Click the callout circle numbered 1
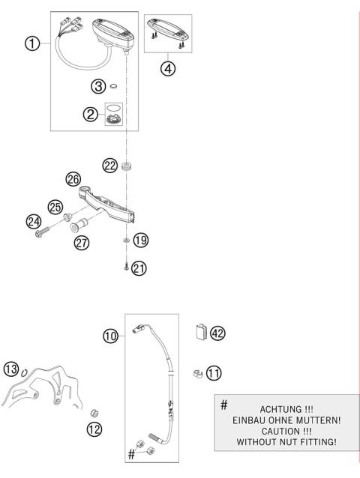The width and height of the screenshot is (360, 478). [x=31, y=43]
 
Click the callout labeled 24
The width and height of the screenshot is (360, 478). [x=34, y=221]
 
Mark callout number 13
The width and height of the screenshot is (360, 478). [x=10, y=369]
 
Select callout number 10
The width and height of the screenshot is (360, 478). [x=111, y=336]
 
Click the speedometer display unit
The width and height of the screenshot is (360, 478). [x=112, y=34]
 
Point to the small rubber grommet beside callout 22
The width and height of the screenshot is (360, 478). [x=127, y=165]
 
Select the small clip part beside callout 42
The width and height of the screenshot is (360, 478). [x=199, y=331]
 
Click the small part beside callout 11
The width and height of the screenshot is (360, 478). [x=195, y=372]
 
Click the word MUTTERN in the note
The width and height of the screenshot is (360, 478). [x=307, y=420]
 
